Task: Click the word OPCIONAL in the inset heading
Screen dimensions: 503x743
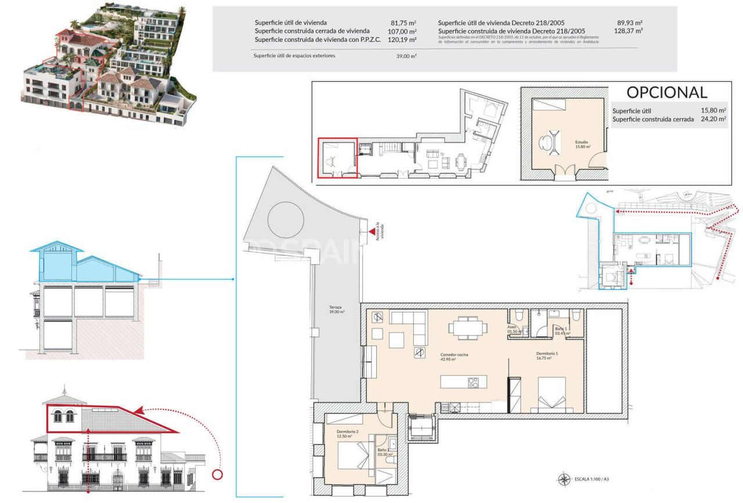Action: point(667,93)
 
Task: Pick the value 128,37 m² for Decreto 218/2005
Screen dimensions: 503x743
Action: point(630,31)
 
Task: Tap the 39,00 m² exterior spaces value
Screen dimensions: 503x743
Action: point(406,56)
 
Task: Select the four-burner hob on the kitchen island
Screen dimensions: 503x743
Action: point(473,382)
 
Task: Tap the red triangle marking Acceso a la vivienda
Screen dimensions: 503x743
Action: point(371,231)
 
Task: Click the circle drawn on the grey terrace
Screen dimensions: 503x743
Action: point(286,220)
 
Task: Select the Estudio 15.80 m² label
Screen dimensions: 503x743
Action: point(582,145)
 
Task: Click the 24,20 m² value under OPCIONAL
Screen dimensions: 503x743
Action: point(713,119)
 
